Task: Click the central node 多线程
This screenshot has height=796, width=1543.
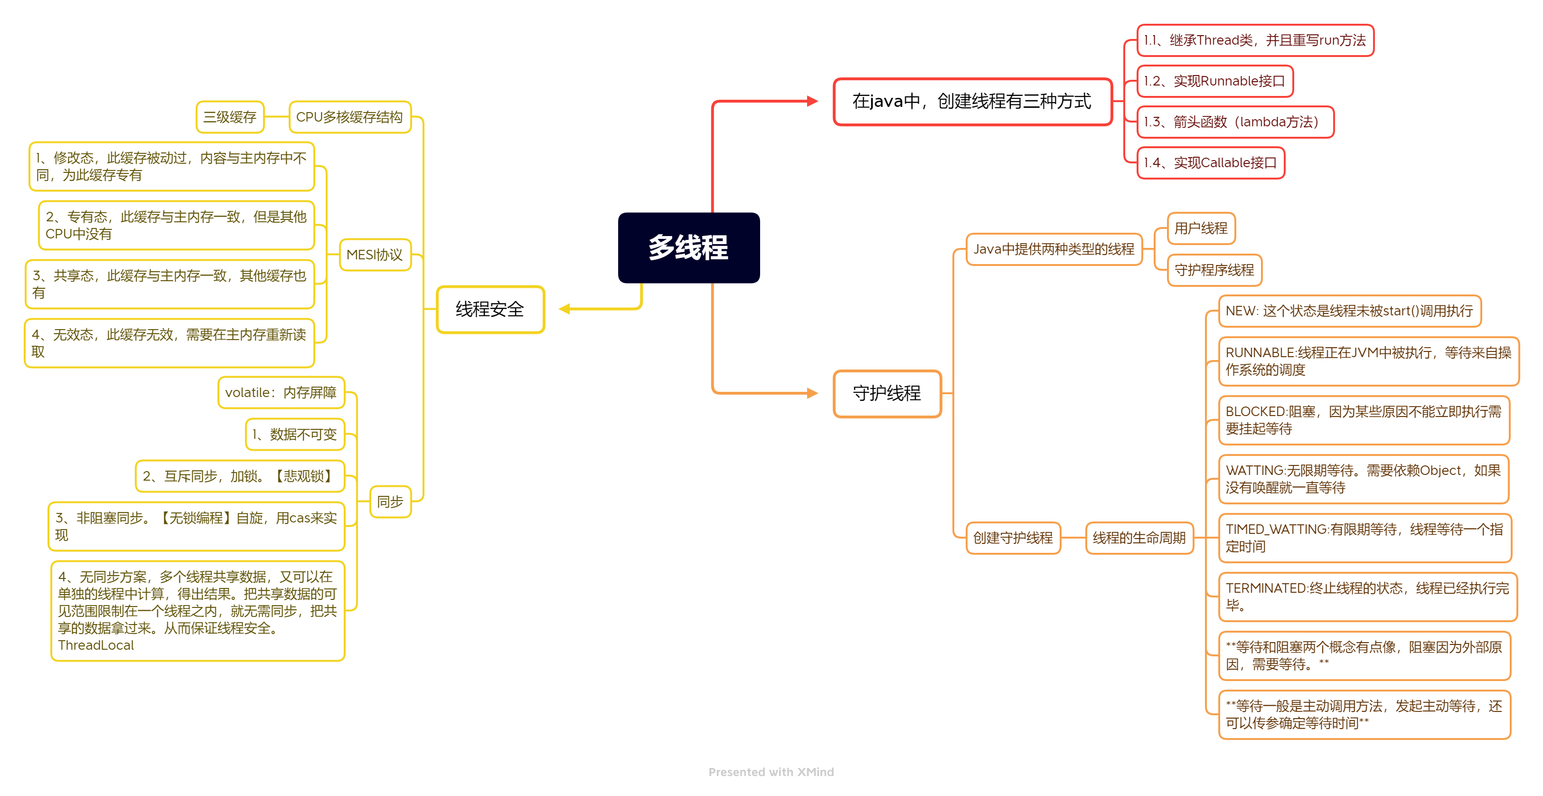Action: (688, 247)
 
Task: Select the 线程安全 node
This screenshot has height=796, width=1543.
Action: (490, 309)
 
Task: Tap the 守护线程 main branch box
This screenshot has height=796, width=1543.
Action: (886, 393)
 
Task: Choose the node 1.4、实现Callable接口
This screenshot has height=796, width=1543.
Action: (1210, 162)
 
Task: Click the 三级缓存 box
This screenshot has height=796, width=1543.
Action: (229, 117)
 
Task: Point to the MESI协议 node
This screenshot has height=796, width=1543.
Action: (375, 255)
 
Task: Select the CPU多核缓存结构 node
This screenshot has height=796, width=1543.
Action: (349, 117)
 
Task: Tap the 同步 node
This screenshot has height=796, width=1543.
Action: (390, 502)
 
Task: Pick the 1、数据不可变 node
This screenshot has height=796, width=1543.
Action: (295, 435)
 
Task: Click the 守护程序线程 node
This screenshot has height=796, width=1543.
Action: (1214, 270)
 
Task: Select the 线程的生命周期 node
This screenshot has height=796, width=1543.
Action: (1138, 538)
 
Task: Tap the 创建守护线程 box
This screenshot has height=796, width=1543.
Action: (1012, 538)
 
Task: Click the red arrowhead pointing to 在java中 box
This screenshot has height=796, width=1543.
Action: (812, 101)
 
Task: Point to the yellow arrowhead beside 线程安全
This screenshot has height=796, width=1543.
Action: (564, 309)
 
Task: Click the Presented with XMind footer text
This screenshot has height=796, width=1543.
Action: (771, 772)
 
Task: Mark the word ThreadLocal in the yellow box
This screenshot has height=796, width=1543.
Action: (96, 645)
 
